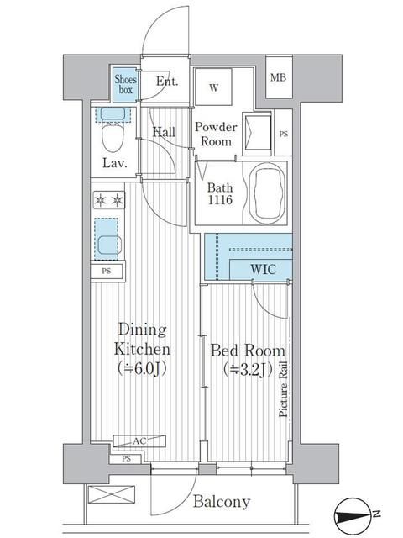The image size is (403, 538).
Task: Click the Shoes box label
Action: click(x=125, y=84)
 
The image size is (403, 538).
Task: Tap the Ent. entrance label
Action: click(x=167, y=82)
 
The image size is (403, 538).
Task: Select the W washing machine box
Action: click(x=213, y=87)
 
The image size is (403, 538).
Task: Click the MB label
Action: click(x=278, y=78)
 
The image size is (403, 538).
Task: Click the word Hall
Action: click(x=164, y=132)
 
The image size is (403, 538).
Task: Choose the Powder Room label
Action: click(x=216, y=134)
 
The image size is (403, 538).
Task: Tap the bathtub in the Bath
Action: click(x=267, y=193)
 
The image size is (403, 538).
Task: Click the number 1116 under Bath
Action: click(x=220, y=200)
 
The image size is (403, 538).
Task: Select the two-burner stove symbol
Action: click(x=109, y=200)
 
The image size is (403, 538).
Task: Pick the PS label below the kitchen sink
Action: click(x=107, y=271)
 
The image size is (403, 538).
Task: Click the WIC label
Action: click(x=263, y=269)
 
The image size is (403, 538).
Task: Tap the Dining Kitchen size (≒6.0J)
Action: click(x=142, y=368)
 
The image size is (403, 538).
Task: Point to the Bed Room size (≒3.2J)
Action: click(x=248, y=370)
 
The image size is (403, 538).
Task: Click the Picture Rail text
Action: click(x=283, y=390)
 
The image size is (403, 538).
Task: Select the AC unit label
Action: click(x=139, y=441)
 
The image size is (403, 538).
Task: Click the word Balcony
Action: click(x=222, y=502)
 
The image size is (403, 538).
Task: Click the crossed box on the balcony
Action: click(x=111, y=494)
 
